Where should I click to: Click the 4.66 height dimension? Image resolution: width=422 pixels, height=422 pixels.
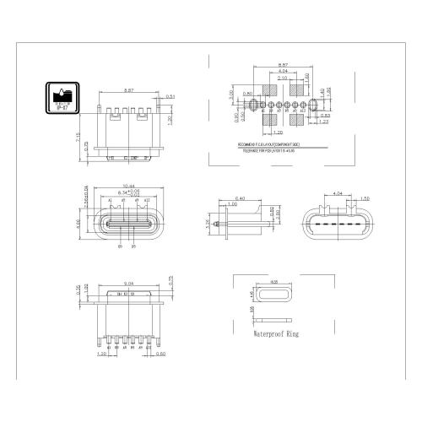(78, 223)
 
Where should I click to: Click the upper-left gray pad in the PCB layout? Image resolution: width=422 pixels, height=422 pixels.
(272, 90)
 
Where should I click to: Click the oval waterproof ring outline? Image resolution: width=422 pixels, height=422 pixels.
(273, 296)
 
